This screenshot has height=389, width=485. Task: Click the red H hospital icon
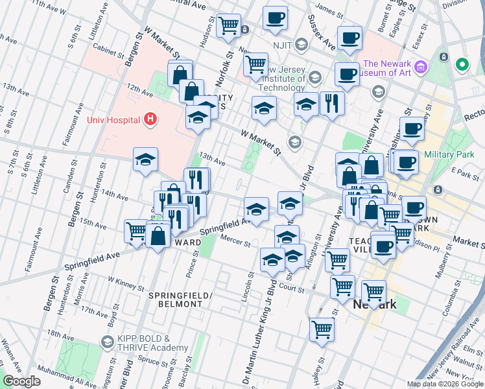pyautogui.click(x=150, y=119)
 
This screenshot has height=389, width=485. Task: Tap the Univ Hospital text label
pyautogui.click(x=114, y=120)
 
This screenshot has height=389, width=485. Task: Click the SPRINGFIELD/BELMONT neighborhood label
pyautogui.click(x=180, y=299)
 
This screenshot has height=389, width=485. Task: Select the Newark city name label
pyautogui.click(x=374, y=304)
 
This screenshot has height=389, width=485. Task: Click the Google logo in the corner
pyautogui.click(x=21, y=381)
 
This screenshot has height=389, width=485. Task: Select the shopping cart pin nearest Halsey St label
pyautogui.click(x=322, y=329)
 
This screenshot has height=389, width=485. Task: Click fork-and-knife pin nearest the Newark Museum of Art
pyautogui.click(x=331, y=102)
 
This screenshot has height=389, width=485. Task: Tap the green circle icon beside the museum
pyautogui.click(x=462, y=65)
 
